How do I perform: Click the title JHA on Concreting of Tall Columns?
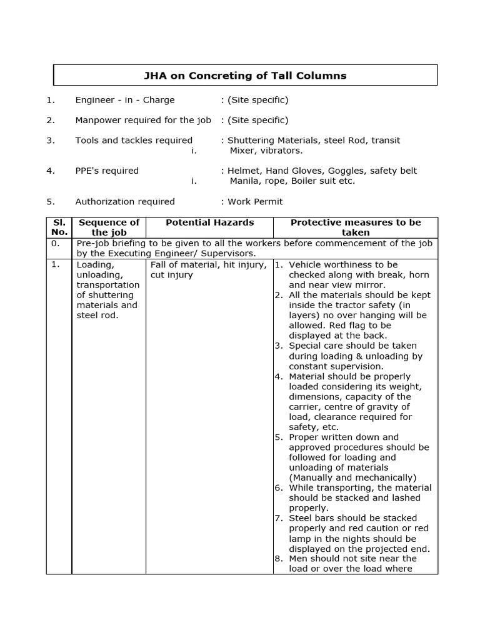pyautogui.click(x=245, y=76)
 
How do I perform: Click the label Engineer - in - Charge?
pyautogui.click(x=125, y=100)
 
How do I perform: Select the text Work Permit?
pyautogui.click(x=255, y=202)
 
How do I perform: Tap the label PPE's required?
pyautogui.click(x=107, y=171)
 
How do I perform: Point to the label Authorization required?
pyautogui.click(x=125, y=202)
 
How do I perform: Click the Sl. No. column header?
pyautogui.click(x=59, y=227)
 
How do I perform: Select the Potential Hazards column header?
pyautogui.click(x=209, y=222)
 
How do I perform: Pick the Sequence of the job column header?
pyautogui.click(x=109, y=227)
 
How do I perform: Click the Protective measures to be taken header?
pyautogui.click(x=355, y=227)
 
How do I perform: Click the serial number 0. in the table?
pyautogui.click(x=55, y=244)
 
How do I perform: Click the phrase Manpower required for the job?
pyautogui.click(x=143, y=120)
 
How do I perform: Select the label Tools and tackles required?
pyautogui.click(x=134, y=141)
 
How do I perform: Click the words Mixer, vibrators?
pyautogui.click(x=266, y=151)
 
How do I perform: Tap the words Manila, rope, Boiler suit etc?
pyautogui.click(x=292, y=181)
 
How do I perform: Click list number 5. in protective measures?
pyautogui.click(x=279, y=437)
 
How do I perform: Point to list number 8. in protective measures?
pyautogui.click(x=279, y=559)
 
